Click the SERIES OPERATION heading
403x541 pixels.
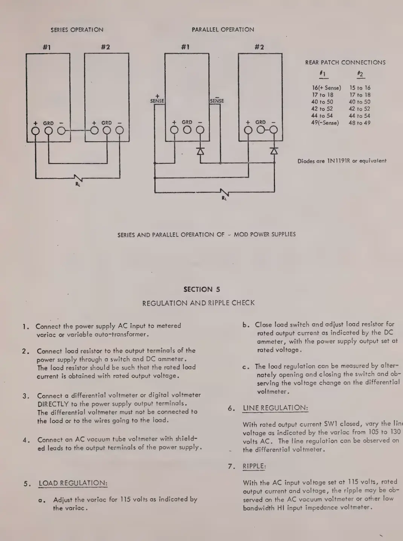click(x=77, y=30)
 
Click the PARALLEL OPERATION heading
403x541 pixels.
click(x=223, y=29)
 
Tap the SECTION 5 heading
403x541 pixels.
click(x=201, y=289)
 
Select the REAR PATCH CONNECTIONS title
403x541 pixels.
click(x=345, y=62)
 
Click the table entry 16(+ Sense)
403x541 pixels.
click(x=326, y=88)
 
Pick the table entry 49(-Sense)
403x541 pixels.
click(x=325, y=123)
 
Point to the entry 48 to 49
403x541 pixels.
click(x=359, y=123)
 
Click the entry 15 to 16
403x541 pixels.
click(x=360, y=88)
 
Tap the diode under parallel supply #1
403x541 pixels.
click(x=200, y=151)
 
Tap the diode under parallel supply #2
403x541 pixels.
click(x=274, y=151)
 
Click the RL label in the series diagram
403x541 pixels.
click(x=78, y=184)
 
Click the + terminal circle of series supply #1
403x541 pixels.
click(x=36, y=131)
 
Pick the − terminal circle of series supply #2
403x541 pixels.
click(x=119, y=131)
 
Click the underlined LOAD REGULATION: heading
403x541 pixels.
click(x=73, y=483)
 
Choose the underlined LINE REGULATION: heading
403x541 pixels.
click(x=275, y=408)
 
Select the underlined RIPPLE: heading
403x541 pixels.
click(x=254, y=466)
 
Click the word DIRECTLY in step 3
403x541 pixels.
click(x=53, y=404)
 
